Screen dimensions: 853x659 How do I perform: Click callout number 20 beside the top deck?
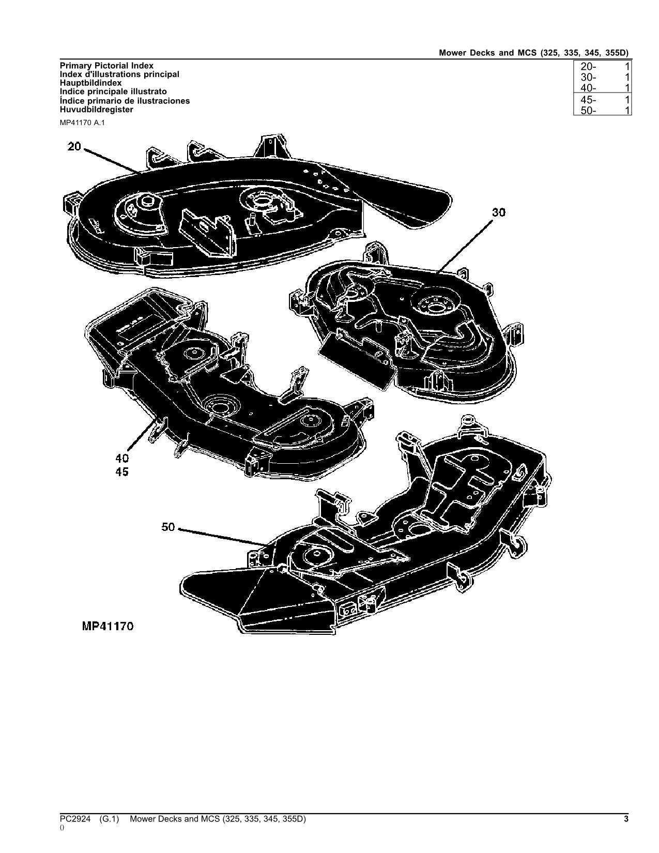click(74, 147)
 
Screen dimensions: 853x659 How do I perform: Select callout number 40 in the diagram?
click(122, 459)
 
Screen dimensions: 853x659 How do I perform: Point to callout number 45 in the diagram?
click(122, 472)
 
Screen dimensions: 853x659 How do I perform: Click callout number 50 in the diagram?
click(168, 527)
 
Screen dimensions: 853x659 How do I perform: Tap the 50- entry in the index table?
click(588, 110)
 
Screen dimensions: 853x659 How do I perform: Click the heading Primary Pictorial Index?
click(106, 66)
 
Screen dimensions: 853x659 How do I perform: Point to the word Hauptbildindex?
click(90, 83)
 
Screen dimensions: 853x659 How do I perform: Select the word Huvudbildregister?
click(96, 110)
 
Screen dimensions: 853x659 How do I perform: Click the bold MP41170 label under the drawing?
click(108, 627)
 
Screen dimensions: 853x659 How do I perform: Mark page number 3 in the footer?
click(626, 819)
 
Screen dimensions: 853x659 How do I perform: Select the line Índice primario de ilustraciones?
click(125, 101)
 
